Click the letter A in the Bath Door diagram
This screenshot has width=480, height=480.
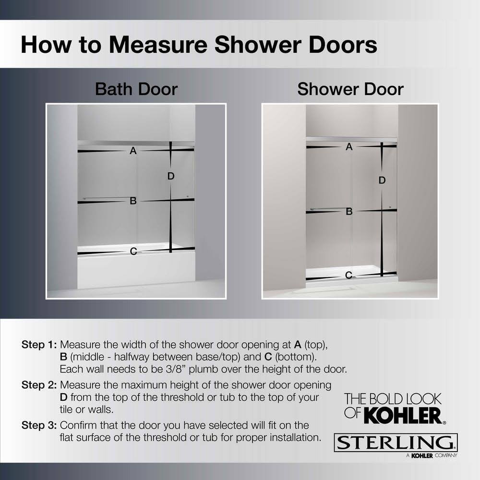tap(133, 151)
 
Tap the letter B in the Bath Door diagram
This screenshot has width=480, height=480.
tap(133, 201)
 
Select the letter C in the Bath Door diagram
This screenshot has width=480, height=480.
tap(133, 252)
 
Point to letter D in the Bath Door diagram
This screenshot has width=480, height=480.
tap(171, 176)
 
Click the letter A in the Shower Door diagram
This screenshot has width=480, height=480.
tap(349, 147)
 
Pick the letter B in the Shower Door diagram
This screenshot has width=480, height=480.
tap(349, 212)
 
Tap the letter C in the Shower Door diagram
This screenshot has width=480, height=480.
tap(348, 275)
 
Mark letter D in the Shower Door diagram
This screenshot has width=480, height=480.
tap(382, 180)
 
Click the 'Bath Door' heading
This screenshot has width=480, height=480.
tap(136, 89)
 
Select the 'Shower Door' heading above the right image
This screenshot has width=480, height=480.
tap(350, 89)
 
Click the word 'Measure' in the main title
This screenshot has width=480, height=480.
tap(158, 45)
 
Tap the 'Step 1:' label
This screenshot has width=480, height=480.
tap(39, 345)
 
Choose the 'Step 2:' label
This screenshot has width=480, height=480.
tap(39, 385)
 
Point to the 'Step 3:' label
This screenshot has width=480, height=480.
tap(39, 425)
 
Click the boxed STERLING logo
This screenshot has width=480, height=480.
tap(396, 443)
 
